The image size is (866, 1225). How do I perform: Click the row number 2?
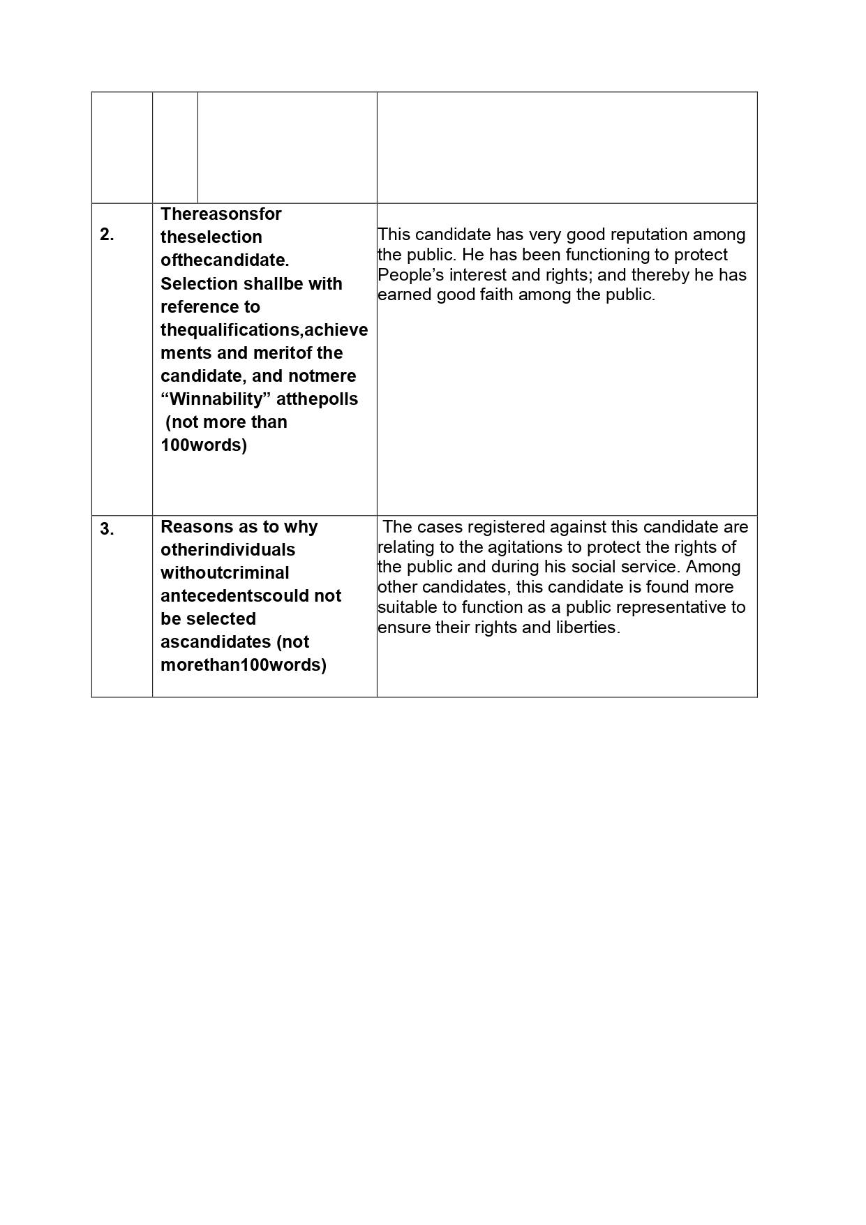(x=107, y=235)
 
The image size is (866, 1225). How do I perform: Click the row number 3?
(x=107, y=530)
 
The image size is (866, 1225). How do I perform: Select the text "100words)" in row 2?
(x=204, y=445)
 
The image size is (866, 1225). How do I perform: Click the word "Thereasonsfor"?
(x=221, y=214)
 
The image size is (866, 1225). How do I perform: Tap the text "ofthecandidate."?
(x=225, y=260)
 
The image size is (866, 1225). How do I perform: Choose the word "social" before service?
(x=622, y=567)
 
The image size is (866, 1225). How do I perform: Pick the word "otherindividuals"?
(x=227, y=550)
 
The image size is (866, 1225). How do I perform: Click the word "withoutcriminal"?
(x=225, y=573)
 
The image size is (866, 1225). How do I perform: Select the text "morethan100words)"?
(x=244, y=665)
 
